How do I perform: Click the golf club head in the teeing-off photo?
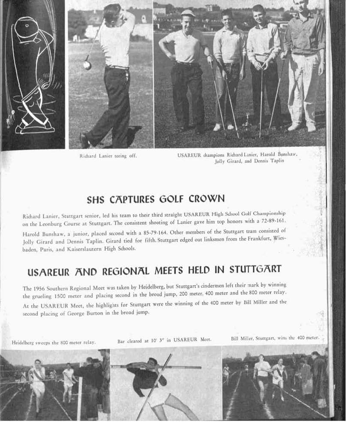click(87, 65)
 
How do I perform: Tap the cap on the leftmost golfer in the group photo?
click(188, 14)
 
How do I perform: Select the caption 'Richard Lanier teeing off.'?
click(108, 156)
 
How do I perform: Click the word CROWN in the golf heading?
click(207, 199)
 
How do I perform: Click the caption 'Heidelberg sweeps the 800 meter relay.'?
click(54, 343)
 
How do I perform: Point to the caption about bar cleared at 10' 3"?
click(164, 340)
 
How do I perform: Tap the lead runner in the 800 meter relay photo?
click(38, 379)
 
